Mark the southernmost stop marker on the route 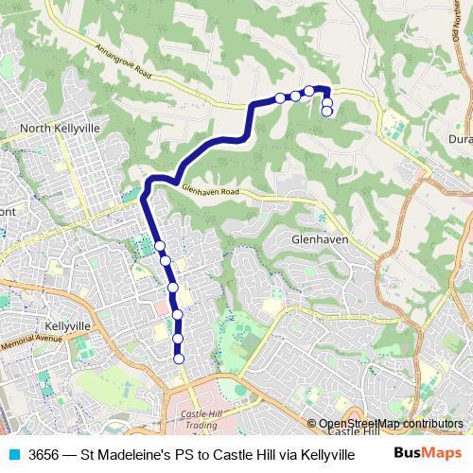(178, 358)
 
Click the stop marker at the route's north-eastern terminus (327, 112)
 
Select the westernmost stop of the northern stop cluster (280, 97)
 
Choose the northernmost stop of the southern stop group (160, 246)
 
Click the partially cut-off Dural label (461, 138)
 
